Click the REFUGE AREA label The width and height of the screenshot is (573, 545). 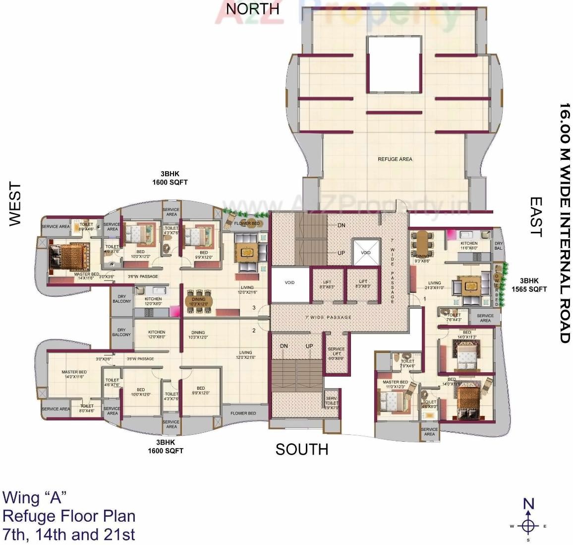[395, 159]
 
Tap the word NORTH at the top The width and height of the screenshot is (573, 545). [252, 9]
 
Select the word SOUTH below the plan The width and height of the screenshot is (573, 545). [302, 449]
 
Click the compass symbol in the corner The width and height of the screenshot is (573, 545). [529, 525]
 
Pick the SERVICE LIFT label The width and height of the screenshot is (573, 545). [336, 354]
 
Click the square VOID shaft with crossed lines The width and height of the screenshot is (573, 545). [365, 253]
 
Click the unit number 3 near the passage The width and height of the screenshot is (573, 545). [254, 308]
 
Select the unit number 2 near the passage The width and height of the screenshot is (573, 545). [254, 331]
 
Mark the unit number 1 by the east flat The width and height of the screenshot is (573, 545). [424, 299]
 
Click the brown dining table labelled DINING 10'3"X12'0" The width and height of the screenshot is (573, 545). [199, 301]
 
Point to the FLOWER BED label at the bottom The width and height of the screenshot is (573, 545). [243, 413]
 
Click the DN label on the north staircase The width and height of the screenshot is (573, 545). [342, 225]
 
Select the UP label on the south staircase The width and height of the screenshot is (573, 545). [309, 346]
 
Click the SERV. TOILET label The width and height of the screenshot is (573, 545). [331, 403]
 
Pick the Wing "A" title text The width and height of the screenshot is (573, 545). [34, 497]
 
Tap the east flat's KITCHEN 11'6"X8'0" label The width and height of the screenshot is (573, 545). [469, 246]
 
